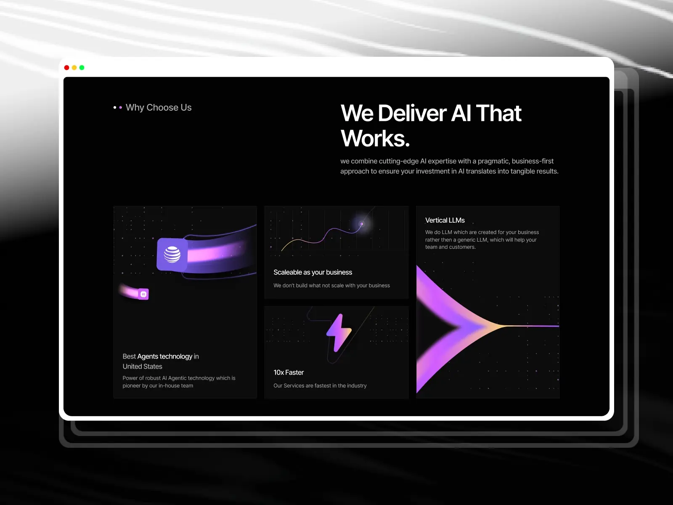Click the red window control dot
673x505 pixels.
pos(66,68)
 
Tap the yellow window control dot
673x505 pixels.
pos(74,68)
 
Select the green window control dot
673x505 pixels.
pos(82,68)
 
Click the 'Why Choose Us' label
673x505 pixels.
pos(159,108)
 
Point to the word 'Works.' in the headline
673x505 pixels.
pos(375,138)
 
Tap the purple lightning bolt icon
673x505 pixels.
pos(339,332)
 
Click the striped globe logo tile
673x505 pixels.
pos(172,254)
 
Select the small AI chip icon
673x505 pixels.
pos(143,294)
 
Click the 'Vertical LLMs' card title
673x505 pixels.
pos(445,221)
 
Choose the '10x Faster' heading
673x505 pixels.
pos(289,372)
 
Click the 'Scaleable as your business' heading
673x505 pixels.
pos(313,272)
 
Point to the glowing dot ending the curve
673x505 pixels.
pos(361,224)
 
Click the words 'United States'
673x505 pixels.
pos(142,367)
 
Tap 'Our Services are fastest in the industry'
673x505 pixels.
pos(320,386)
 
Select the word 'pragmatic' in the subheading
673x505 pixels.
pos(493,161)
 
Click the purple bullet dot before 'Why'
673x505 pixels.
pos(121,108)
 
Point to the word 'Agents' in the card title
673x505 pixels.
pos(148,356)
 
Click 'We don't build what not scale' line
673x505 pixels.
pos(331,286)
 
